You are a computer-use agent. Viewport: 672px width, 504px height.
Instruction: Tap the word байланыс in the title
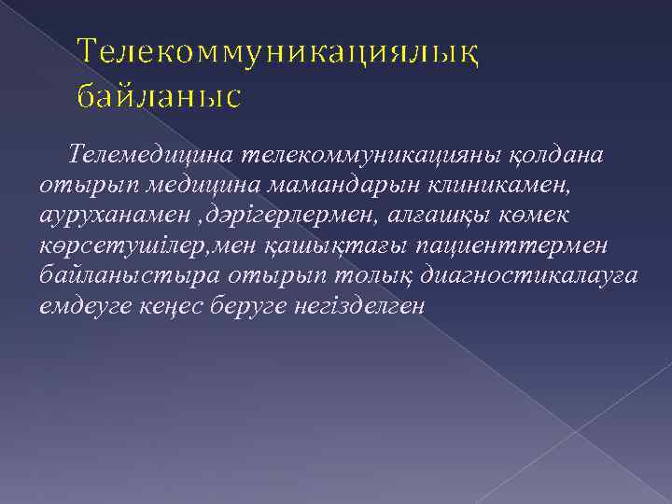(x=159, y=96)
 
